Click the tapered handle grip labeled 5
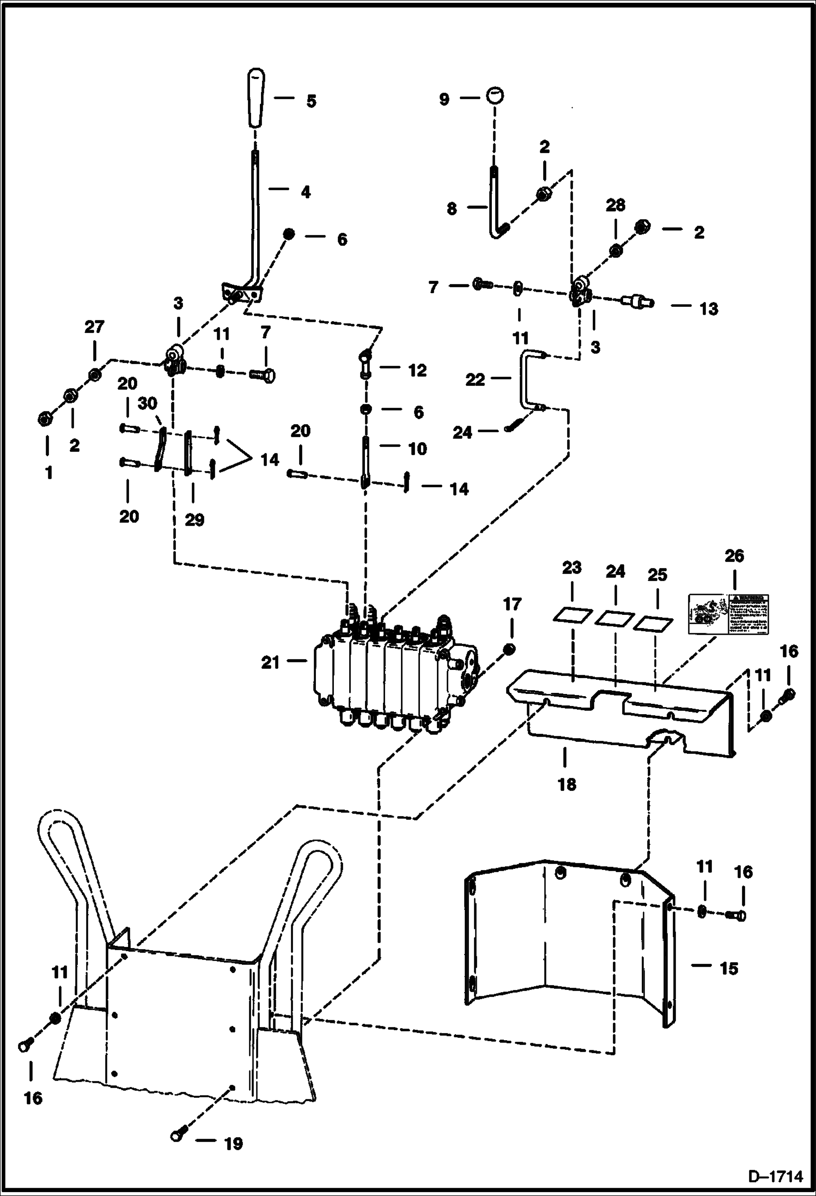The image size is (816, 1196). coord(255,98)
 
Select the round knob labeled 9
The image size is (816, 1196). coord(495,96)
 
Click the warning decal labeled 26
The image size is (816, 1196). coord(728,614)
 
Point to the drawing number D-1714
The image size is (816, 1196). coord(775,1176)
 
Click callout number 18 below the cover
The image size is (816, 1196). coord(567,784)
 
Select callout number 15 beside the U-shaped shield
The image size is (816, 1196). coord(728,968)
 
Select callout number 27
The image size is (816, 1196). coord(94,327)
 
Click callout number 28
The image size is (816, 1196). coord(615,206)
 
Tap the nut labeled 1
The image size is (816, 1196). coord(45,419)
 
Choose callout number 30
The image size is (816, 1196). coord(147,403)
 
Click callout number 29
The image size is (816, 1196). coord(194,520)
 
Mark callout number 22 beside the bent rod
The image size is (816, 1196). coord(475,379)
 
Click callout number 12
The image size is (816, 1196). coord(417,370)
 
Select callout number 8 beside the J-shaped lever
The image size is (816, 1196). coord(452,208)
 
